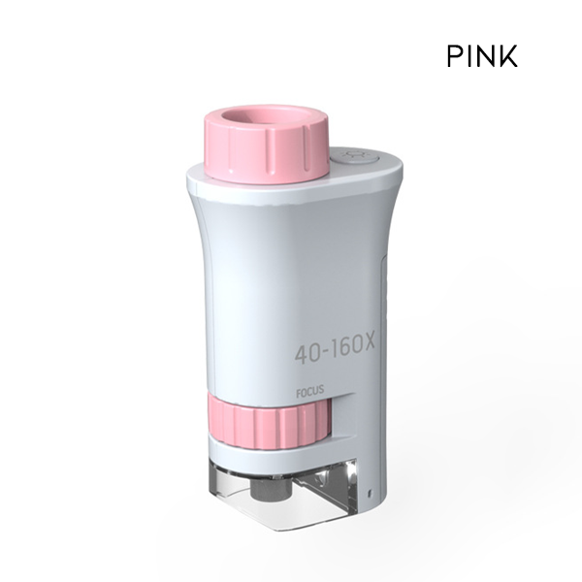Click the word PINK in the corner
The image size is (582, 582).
click(x=482, y=56)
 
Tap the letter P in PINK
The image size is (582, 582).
click(x=456, y=56)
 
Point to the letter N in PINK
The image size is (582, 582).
click(x=486, y=56)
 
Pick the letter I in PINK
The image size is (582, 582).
click(x=470, y=56)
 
